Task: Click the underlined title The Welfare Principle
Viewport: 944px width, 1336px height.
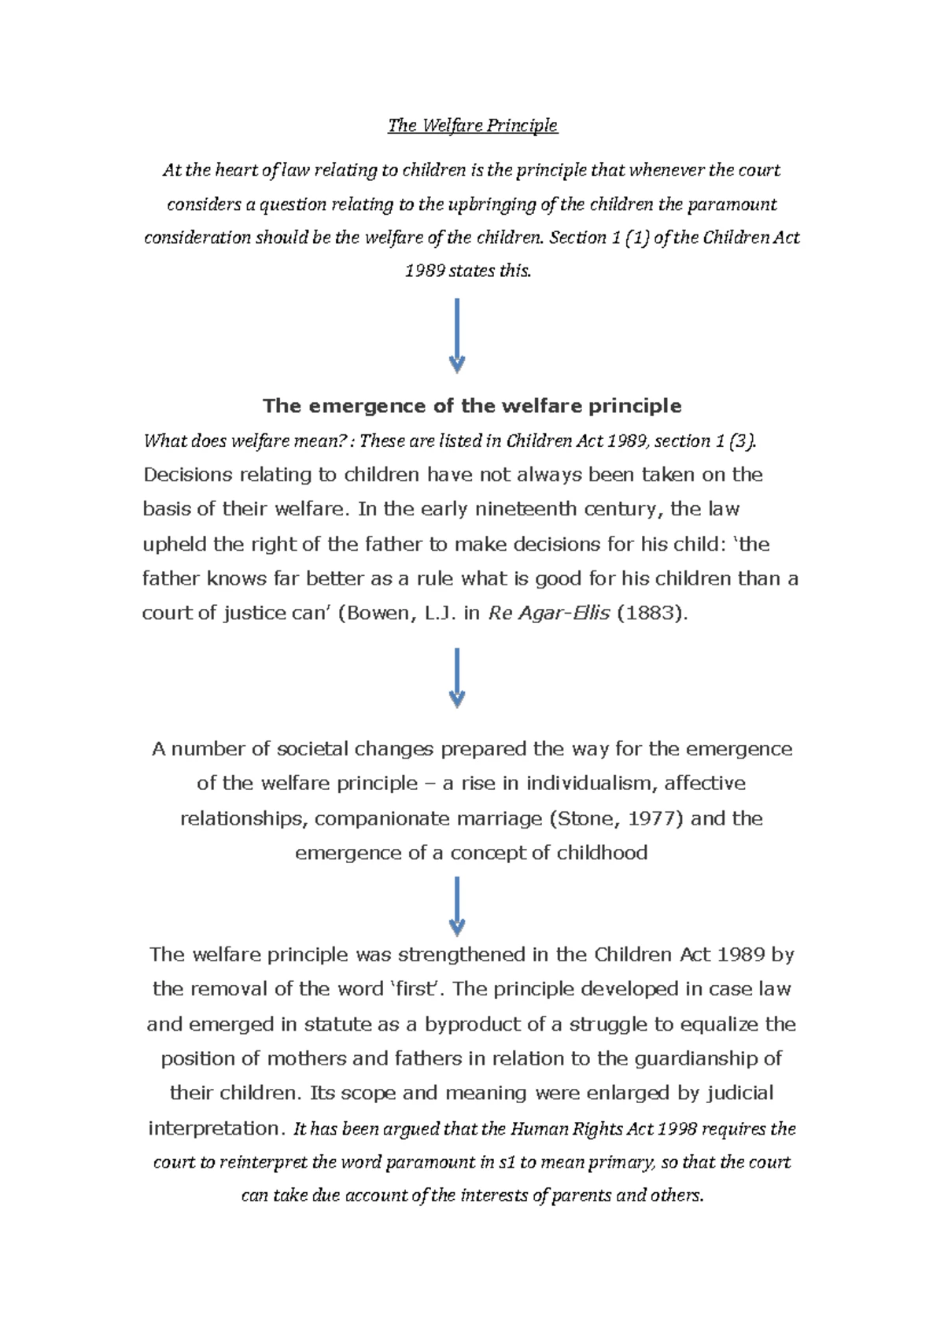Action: (472, 125)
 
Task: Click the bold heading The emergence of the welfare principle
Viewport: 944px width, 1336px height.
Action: (472, 406)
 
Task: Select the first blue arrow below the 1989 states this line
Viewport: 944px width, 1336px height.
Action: (457, 335)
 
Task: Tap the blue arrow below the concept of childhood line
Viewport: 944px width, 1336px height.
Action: (457, 906)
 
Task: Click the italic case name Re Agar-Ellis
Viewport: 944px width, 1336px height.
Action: (548, 614)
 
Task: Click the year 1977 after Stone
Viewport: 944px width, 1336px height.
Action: (655, 818)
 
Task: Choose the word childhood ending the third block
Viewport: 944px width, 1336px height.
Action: (602, 853)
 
